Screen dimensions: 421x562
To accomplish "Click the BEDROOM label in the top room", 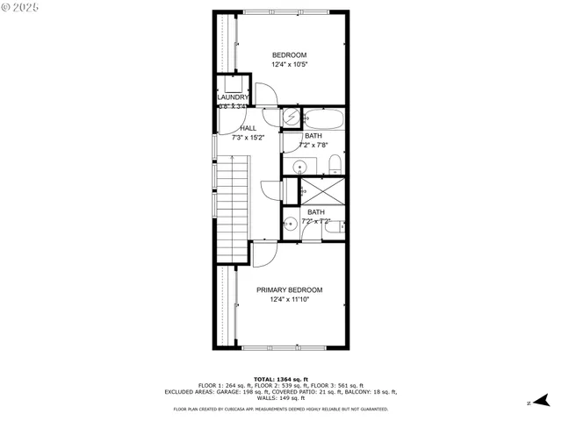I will (289, 54).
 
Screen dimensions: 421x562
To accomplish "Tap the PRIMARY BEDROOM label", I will (289, 289).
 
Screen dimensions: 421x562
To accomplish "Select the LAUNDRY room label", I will (234, 97).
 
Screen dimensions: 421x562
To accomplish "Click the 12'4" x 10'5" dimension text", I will (289, 64).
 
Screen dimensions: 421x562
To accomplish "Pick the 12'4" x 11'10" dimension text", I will (289, 300).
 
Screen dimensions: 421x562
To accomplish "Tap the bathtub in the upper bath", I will (324, 118).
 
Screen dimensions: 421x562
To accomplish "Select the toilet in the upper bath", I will (335, 164).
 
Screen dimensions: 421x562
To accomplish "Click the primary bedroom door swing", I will (264, 254).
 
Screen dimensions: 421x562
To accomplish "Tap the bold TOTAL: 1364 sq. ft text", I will (280, 378).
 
